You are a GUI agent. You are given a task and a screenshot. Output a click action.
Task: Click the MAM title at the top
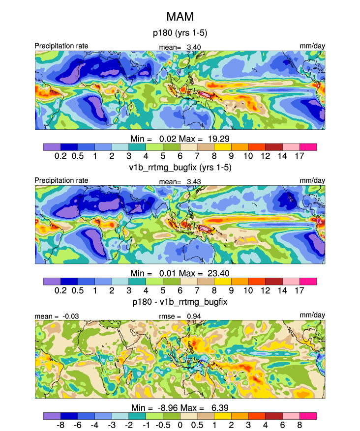[180, 17]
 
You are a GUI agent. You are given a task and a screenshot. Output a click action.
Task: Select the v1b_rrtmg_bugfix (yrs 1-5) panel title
[180, 167]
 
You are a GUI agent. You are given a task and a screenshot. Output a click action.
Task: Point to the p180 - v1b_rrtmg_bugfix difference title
[180, 299]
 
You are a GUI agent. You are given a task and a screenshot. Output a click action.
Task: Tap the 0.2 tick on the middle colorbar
[60, 290]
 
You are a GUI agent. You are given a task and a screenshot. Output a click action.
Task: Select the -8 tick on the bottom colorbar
[60, 424]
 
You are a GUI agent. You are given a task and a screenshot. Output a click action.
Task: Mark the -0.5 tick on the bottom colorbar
[162, 424]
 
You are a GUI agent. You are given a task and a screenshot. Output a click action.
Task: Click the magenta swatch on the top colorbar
[308, 146]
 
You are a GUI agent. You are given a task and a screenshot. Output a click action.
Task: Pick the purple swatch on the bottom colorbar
[52, 415]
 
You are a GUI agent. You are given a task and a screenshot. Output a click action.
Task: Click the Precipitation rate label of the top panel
[61, 46]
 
